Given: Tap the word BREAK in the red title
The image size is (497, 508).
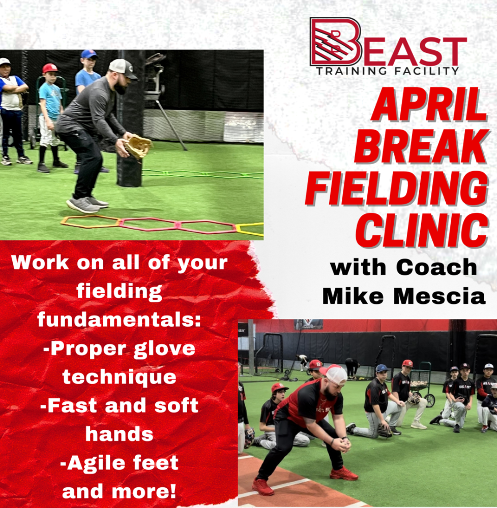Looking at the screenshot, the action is (x=421, y=146).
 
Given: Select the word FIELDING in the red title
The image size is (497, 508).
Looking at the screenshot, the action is (x=396, y=188).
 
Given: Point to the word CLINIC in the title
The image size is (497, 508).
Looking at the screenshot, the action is (x=422, y=230).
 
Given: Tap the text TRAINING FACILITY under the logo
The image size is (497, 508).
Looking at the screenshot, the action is (x=387, y=71).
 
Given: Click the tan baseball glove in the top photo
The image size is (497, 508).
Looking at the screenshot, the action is (x=138, y=146).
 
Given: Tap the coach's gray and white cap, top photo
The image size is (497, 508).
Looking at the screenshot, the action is (x=123, y=69).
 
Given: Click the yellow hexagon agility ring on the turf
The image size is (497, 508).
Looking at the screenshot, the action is (x=249, y=229).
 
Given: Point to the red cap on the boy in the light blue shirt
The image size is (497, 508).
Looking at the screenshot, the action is (x=50, y=68).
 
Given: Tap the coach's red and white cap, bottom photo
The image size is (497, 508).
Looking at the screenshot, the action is (x=334, y=374).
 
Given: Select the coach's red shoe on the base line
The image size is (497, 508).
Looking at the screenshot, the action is (x=263, y=487).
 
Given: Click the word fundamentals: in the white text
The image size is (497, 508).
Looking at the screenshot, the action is (x=119, y=320).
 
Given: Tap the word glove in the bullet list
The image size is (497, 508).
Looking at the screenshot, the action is (x=164, y=350).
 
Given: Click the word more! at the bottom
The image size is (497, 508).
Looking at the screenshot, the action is (x=144, y=491).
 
